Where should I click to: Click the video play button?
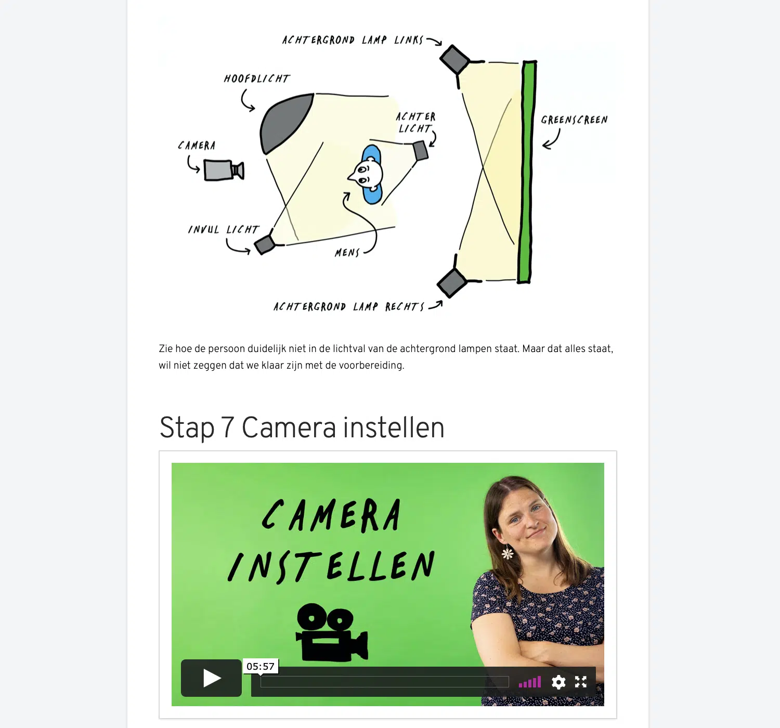click(x=211, y=678)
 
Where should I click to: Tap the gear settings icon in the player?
click(x=558, y=682)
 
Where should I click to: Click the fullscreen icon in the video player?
click(x=581, y=682)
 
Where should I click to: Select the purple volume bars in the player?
click(x=530, y=682)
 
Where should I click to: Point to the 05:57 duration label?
click(x=261, y=667)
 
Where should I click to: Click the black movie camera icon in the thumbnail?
click(x=331, y=633)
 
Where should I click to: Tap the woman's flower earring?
click(x=508, y=553)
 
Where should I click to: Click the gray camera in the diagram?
click(x=223, y=170)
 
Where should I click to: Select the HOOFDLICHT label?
click(x=257, y=79)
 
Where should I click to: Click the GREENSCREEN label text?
click(x=574, y=120)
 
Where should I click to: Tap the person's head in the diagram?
click(x=366, y=174)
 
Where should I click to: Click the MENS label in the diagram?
click(x=347, y=253)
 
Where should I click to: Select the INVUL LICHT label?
click(x=224, y=230)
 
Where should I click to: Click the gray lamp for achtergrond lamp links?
click(x=455, y=60)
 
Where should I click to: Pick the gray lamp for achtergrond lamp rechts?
click(x=452, y=282)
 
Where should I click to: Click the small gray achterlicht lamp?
click(x=420, y=151)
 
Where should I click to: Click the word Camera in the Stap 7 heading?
click(x=289, y=428)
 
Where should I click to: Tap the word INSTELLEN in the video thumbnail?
click(x=331, y=566)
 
